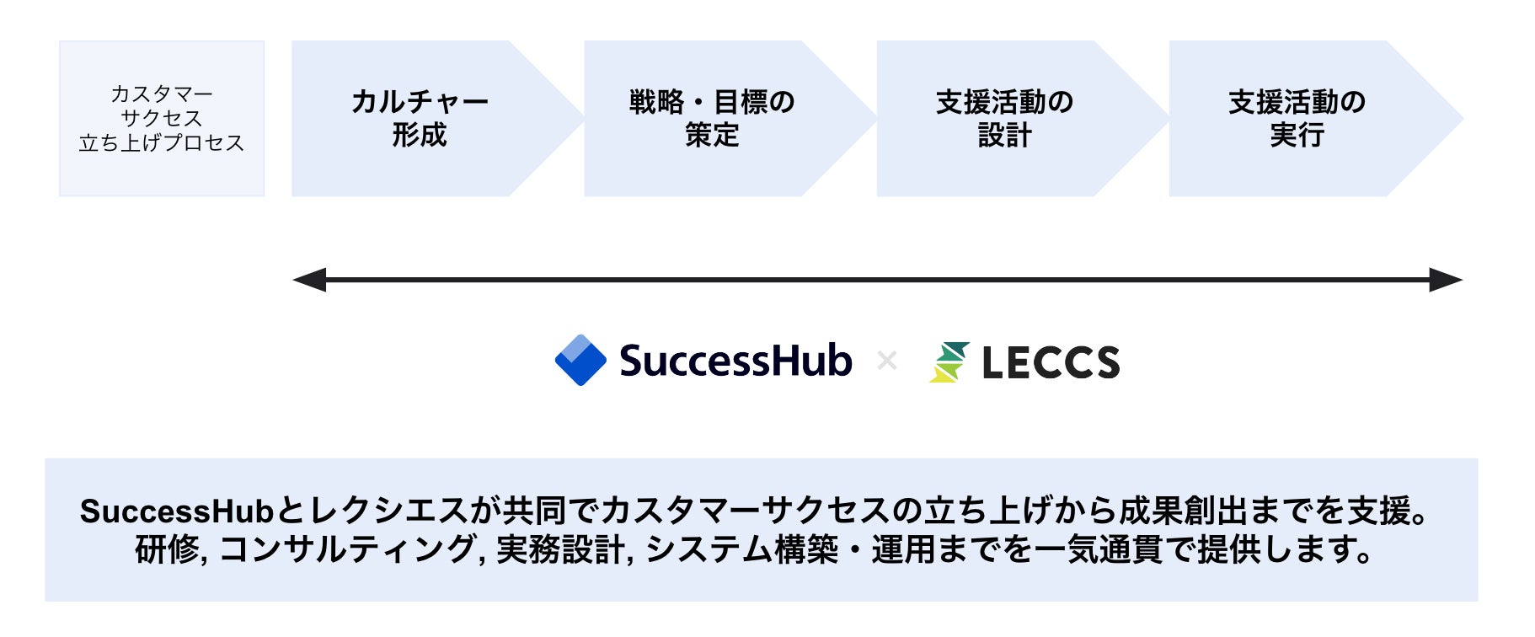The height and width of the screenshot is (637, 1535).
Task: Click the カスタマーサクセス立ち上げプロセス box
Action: click(x=162, y=119)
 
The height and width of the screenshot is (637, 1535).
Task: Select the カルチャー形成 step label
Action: click(x=420, y=119)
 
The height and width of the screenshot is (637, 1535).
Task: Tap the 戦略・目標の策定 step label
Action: click(x=712, y=119)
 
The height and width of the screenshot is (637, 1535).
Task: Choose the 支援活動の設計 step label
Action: click(x=1004, y=119)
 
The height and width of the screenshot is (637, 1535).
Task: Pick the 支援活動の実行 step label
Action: click(x=1297, y=119)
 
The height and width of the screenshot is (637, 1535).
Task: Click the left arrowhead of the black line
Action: click(x=308, y=280)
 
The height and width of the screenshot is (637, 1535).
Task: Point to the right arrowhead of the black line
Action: click(x=1446, y=280)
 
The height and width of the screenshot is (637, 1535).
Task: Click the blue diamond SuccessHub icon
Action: click(x=580, y=361)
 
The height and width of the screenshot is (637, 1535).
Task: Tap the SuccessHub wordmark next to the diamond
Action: click(x=735, y=361)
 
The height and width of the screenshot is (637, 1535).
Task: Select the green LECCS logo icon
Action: click(x=949, y=362)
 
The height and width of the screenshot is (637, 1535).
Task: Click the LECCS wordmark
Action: click(x=1051, y=363)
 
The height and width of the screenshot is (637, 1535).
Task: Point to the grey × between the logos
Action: click(x=886, y=361)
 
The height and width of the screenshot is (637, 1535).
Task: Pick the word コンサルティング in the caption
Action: click(x=347, y=549)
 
